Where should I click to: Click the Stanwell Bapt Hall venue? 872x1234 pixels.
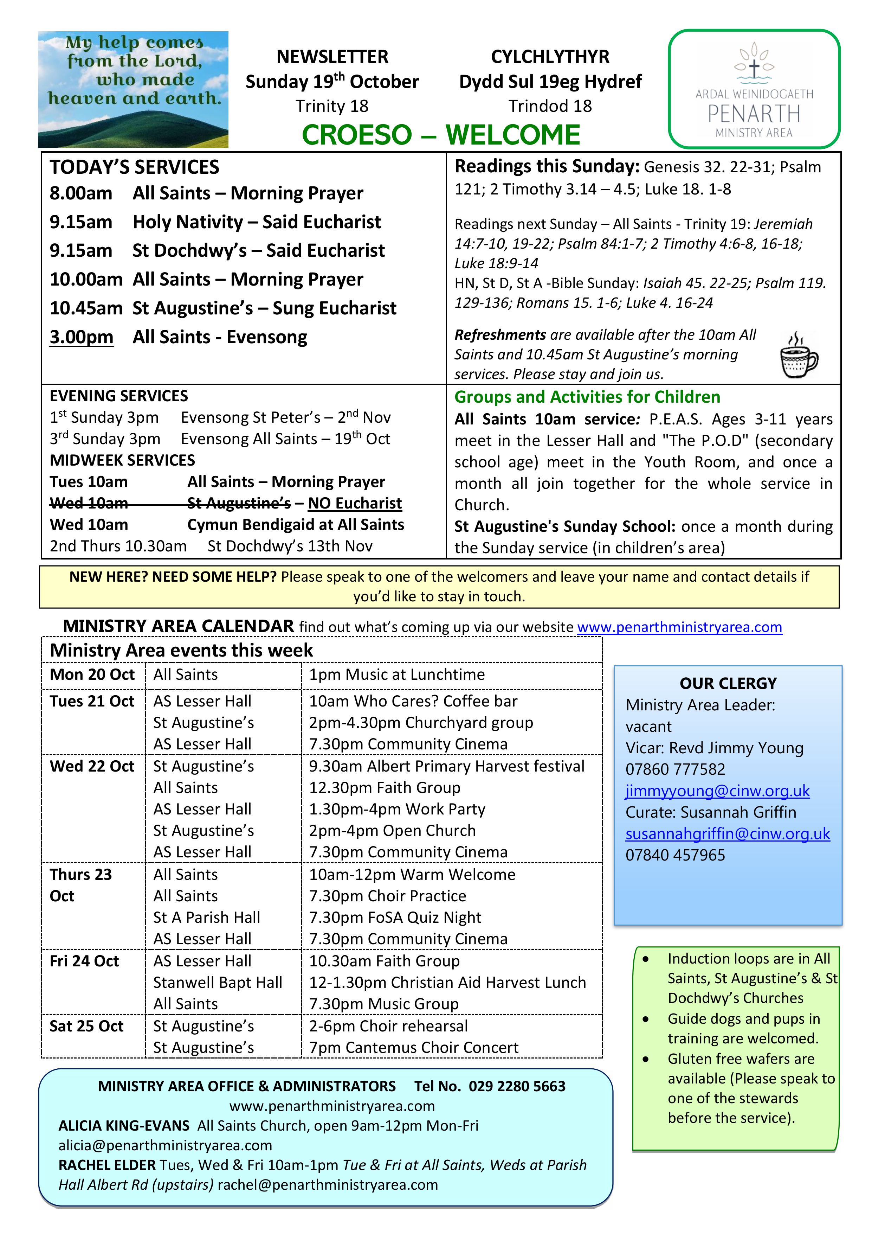tap(217, 983)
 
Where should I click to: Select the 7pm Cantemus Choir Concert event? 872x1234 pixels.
tap(413, 1048)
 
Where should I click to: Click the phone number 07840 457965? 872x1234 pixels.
tap(675, 855)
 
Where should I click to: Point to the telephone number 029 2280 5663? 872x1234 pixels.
tap(517, 1086)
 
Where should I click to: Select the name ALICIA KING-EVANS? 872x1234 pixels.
tap(124, 1125)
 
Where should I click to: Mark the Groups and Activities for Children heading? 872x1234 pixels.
tap(587, 397)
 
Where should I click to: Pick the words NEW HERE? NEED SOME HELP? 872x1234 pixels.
tap(173, 577)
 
